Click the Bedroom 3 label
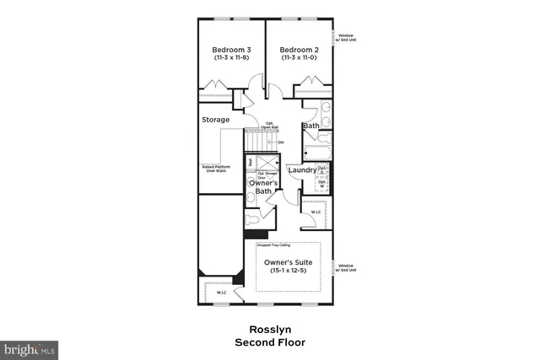231,50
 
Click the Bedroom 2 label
299,50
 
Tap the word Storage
215,120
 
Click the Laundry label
301,170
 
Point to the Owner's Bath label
260,187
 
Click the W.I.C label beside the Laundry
316,212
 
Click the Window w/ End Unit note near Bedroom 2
347,37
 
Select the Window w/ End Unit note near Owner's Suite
347,268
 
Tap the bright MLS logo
30,347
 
